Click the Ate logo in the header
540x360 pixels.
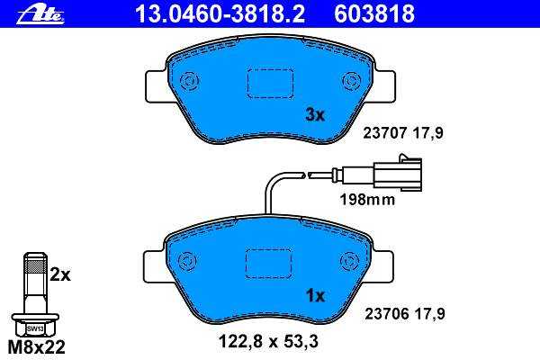[x=40, y=15]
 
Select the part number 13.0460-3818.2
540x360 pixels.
[x=220, y=13]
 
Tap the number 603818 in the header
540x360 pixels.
[x=374, y=13]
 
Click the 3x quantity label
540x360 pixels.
[x=315, y=115]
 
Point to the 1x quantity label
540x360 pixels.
[x=316, y=295]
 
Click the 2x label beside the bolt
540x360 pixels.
[x=60, y=274]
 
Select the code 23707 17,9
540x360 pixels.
[x=403, y=133]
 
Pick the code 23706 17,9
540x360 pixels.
[x=405, y=314]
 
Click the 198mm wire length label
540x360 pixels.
[x=367, y=200]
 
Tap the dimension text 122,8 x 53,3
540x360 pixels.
[x=268, y=342]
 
